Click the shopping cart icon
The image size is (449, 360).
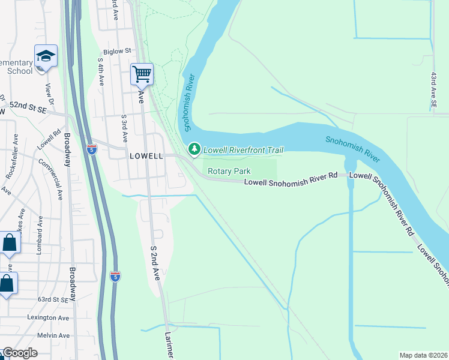(x=142, y=74)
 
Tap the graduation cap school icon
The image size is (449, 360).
(x=46, y=56)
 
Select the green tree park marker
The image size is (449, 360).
(x=194, y=149)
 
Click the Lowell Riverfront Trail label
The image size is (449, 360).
(x=243, y=150)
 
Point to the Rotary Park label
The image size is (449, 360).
(x=229, y=171)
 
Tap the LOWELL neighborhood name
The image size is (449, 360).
(x=146, y=155)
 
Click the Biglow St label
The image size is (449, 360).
(x=116, y=52)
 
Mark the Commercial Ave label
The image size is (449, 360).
(x=52, y=179)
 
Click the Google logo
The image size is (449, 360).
(x=20, y=353)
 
